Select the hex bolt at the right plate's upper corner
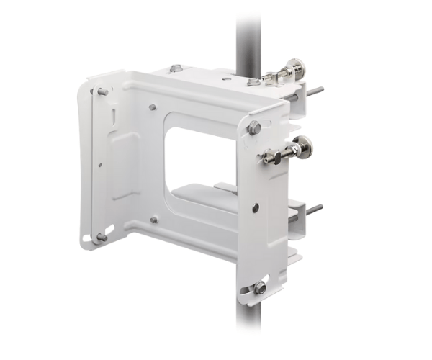tap(254, 127)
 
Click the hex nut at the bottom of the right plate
tap(259, 287)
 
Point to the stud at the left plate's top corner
tap(102, 91)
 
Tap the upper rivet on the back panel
tap(153, 107)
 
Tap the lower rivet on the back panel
tap(153, 219)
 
